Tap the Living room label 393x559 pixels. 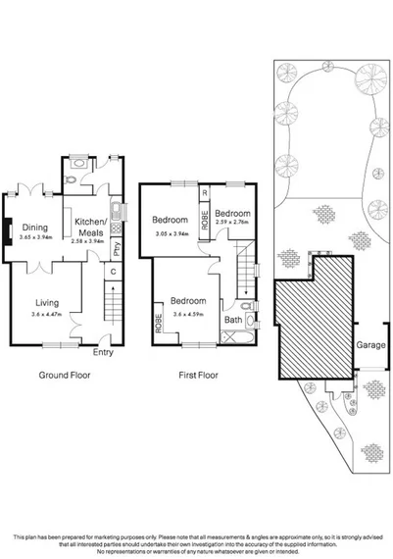(48, 303)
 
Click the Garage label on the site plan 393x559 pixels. (369, 345)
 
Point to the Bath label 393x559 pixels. (233, 319)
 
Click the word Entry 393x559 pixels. (103, 353)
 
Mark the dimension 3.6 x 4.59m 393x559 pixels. (187, 314)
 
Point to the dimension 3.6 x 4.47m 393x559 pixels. (48, 316)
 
